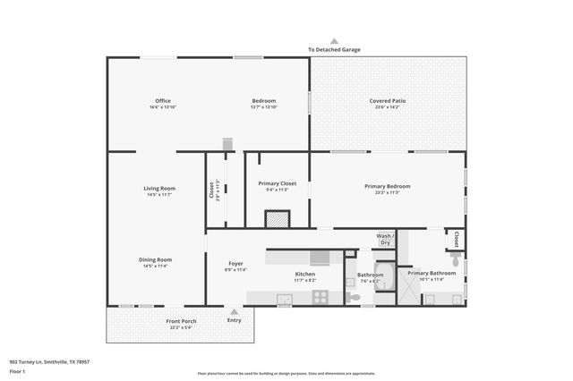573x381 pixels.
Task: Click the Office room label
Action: (162, 101)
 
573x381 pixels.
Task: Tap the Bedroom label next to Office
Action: (263, 101)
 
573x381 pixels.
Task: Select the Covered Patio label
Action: (388, 101)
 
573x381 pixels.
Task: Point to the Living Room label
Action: (159, 188)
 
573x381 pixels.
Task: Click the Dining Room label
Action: (157, 259)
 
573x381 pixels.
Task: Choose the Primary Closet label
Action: (277, 183)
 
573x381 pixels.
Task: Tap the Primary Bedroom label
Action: (388, 186)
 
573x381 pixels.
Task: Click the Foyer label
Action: (235, 264)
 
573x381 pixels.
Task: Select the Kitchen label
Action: (305, 274)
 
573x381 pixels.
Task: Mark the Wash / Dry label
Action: (385, 239)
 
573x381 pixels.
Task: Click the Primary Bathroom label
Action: (432, 273)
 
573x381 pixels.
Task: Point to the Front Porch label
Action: (182, 321)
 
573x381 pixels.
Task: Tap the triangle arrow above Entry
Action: (235, 311)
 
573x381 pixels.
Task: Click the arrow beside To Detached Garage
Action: (334, 41)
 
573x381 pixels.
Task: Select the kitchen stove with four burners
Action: (320, 297)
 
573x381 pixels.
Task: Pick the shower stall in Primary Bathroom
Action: (406, 285)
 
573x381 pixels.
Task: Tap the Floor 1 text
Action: (18, 370)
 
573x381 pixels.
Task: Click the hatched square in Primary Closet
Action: (278, 219)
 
